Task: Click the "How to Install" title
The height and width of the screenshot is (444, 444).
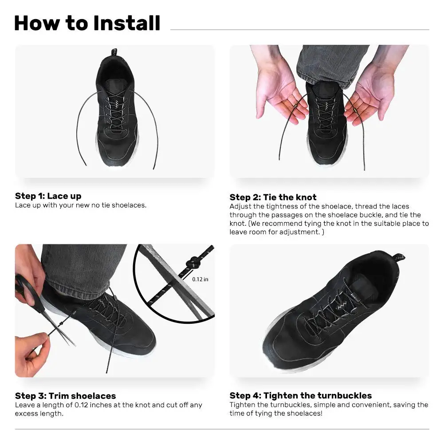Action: pyautogui.click(x=87, y=23)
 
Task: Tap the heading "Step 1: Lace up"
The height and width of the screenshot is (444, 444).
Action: pyautogui.click(x=48, y=196)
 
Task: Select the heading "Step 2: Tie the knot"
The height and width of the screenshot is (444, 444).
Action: pyautogui.click(x=273, y=197)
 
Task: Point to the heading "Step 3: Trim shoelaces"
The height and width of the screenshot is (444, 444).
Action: pyautogui.click(x=65, y=396)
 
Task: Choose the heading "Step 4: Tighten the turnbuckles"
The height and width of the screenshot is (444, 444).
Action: pyautogui.click(x=301, y=395)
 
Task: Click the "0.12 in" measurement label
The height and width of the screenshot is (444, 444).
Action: pyautogui.click(x=200, y=279)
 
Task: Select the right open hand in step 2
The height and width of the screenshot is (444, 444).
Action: pyautogui.click(x=374, y=88)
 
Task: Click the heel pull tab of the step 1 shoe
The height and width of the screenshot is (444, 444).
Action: pyautogui.click(x=114, y=52)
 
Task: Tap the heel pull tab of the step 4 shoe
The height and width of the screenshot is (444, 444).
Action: pyautogui.click(x=398, y=258)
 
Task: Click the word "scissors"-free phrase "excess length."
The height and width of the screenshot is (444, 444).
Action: pyautogui.click(x=39, y=413)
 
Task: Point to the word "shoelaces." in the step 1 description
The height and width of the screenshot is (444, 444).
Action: pyautogui.click(x=129, y=205)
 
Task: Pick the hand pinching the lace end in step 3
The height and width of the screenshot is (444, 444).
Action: pyautogui.click(x=32, y=354)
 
